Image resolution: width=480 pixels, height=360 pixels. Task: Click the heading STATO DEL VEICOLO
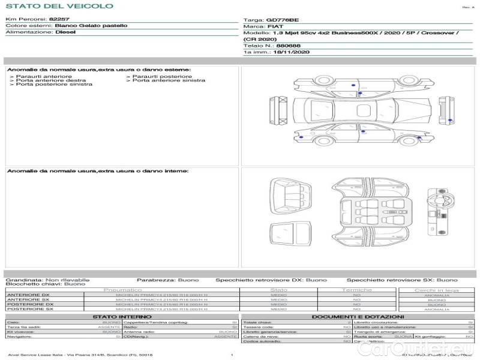tap(59, 6)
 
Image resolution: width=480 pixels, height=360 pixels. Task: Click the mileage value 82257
tap(59, 19)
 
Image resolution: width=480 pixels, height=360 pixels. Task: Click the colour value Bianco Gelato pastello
tap(91, 26)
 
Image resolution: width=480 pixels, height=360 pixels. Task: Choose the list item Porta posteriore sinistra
tap(54, 85)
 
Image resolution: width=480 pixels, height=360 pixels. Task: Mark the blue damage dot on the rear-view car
tap(451, 121)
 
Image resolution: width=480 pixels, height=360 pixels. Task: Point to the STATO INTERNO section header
tap(122, 316)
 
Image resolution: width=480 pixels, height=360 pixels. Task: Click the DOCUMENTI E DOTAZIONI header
tap(358, 316)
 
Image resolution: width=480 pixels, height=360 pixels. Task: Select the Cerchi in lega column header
tap(436, 290)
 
